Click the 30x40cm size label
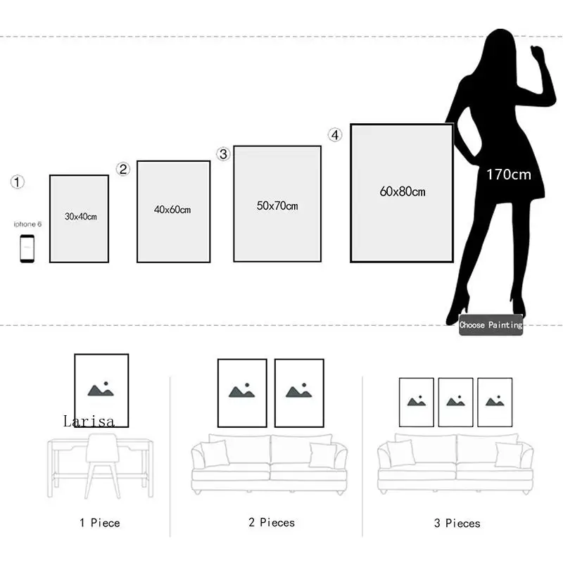tap(80, 217)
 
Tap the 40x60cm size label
tap(172, 210)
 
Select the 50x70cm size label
tap(277, 206)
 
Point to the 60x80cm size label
tap(403, 191)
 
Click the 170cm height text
tap(509, 175)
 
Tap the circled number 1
tap(18, 182)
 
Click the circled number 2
tap(123, 169)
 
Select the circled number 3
tap(223, 154)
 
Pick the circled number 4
tap(334, 134)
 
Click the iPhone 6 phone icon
tap(27, 248)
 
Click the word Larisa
tap(89, 421)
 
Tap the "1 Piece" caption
tap(99, 523)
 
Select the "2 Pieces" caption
tap(271, 522)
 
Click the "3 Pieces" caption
tap(457, 524)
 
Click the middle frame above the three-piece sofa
tap(455, 402)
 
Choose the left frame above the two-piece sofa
tap(242, 393)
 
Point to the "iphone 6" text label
tap(28, 224)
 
